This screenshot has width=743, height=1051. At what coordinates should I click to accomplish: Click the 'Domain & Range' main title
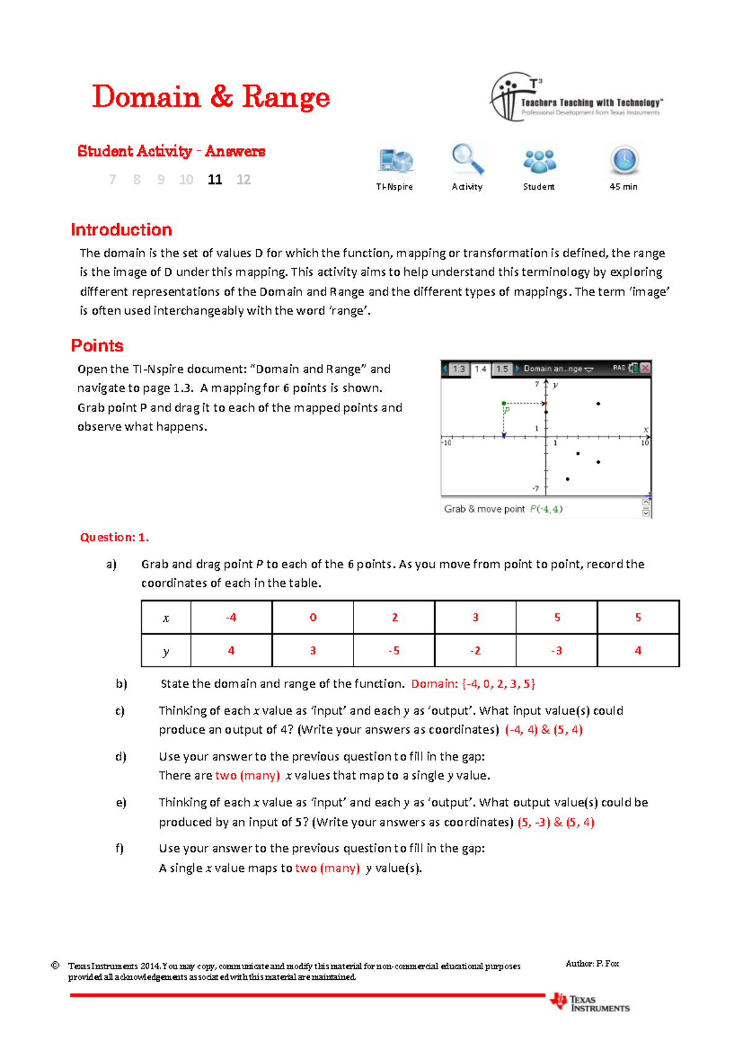coord(211,97)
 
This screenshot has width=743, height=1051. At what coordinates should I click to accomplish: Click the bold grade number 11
coord(215,180)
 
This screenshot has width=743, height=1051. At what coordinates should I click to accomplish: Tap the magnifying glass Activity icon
coord(467,160)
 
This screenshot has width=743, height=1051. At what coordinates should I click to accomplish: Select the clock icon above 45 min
coord(624,160)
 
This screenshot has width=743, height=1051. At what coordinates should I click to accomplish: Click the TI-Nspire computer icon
coord(395,161)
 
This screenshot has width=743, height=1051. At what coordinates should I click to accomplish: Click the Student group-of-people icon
coord(539,161)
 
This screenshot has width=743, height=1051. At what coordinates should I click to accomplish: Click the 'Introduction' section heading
coord(121,230)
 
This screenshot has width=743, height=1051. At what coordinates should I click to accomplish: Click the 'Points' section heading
coord(97,346)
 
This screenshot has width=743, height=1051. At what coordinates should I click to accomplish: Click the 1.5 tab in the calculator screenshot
coord(502,369)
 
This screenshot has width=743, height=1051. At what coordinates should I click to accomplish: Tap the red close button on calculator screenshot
coord(645,367)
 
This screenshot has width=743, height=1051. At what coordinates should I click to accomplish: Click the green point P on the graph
coord(504,403)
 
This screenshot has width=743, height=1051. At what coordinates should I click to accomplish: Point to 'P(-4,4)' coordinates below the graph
coord(546,509)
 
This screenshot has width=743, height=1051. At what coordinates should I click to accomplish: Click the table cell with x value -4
coord(231,617)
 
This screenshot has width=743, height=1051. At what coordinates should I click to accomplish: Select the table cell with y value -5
coord(394,651)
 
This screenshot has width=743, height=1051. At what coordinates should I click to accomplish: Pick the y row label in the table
coord(166,651)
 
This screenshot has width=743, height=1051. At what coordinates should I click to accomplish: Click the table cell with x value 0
coord(313,617)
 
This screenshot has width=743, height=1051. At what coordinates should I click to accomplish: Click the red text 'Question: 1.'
coord(115,537)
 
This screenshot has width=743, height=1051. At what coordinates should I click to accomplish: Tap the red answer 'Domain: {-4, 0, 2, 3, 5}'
coord(473,684)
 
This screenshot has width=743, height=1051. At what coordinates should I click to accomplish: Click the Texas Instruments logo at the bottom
coord(590,1003)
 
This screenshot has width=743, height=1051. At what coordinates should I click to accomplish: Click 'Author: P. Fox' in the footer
coord(592,964)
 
